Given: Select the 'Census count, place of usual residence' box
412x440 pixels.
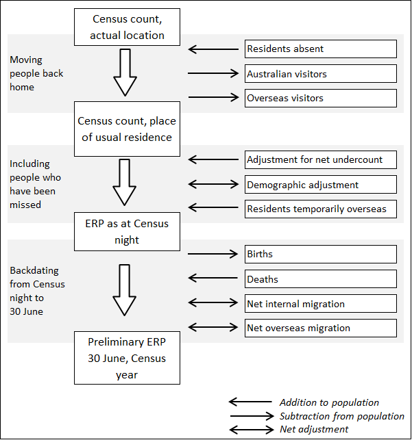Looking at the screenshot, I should pyautogui.click(x=127, y=129).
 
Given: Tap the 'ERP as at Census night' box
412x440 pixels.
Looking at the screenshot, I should pyautogui.click(x=127, y=231).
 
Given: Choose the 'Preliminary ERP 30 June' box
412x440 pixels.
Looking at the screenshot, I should pyautogui.click(x=127, y=358).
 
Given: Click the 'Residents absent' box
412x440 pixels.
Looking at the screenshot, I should pyautogui.click(x=321, y=49).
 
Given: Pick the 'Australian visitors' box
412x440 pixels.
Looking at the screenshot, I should pyautogui.click(x=321, y=73).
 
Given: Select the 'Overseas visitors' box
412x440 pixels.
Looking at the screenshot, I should pyautogui.click(x=321, y=98).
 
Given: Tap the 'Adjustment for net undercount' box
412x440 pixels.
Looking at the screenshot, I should pyautogui.click(x=321, y=159).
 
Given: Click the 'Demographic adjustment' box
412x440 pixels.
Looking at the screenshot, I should pyautogui.click(x=321, y=184).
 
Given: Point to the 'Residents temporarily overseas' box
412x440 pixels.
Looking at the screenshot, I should pyautogui.click(x=321, y=209).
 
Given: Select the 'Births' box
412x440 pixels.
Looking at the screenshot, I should pyautogui.click(x=321, y=254).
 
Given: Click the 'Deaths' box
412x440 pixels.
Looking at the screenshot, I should pyautogui.click(x=321, y=279).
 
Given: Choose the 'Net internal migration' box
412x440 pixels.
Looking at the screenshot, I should pyautogui.click(x=321, y=303).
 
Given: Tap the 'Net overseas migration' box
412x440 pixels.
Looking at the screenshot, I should pyautogui.click(x=321, y=328).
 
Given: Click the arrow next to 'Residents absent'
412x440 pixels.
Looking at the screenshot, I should pyautogui.click(x=212, y=49).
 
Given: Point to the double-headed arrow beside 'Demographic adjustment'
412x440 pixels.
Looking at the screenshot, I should pyautogui.click(x=212, y=184).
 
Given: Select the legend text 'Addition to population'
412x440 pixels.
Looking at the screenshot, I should pyautogui.click(x=329, y=402).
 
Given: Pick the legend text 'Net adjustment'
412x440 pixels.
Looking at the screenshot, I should pyautogui.click(x=314, y=429).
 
